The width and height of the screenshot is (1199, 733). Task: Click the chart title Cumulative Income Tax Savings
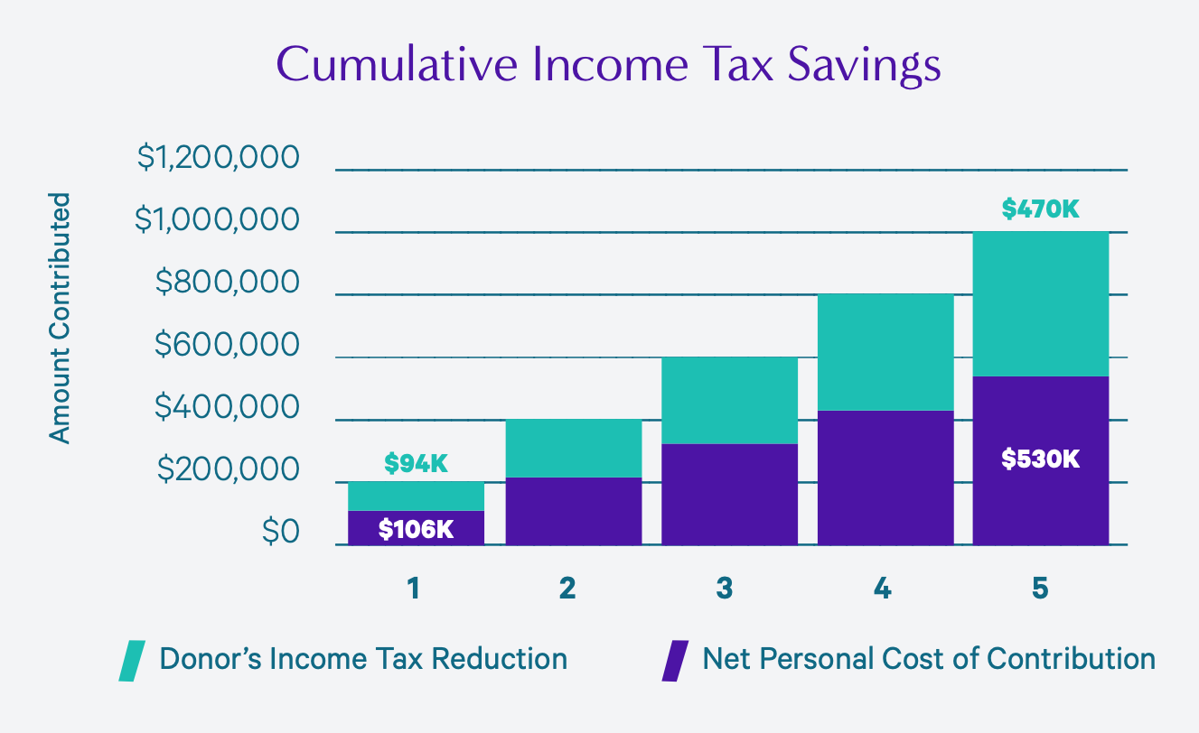[608, 66]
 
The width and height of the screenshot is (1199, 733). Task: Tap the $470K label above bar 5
[1040, 209]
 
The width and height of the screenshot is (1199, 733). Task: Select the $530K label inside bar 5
[1040, 459]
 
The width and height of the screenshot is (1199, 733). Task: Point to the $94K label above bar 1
[416, 464]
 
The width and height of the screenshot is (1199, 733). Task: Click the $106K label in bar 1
[416, 529]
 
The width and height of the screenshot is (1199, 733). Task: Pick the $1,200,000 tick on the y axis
[218, 158]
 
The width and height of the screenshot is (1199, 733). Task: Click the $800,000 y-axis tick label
[226, 283]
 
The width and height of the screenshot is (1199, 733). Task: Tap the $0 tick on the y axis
[280, 533]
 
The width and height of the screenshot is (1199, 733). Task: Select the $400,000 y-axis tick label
[226, 408]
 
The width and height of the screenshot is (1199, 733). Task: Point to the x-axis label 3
[725, 589]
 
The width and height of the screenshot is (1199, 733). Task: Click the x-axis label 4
[883, 589]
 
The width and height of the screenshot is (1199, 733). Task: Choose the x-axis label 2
[567, 589]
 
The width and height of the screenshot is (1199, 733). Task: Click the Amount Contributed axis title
[60, 318]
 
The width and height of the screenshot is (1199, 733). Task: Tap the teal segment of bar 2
[573, 449]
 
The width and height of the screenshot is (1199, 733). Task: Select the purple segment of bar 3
[729, 495]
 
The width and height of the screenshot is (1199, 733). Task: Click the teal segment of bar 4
[885, 352]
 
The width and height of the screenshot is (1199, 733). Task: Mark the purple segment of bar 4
[885, 478]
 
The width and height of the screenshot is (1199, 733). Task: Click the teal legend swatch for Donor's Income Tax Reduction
[132, 660]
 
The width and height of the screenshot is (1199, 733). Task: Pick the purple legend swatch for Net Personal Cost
[674, 660]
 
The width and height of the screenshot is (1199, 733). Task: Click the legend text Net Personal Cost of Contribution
[929, 658]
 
